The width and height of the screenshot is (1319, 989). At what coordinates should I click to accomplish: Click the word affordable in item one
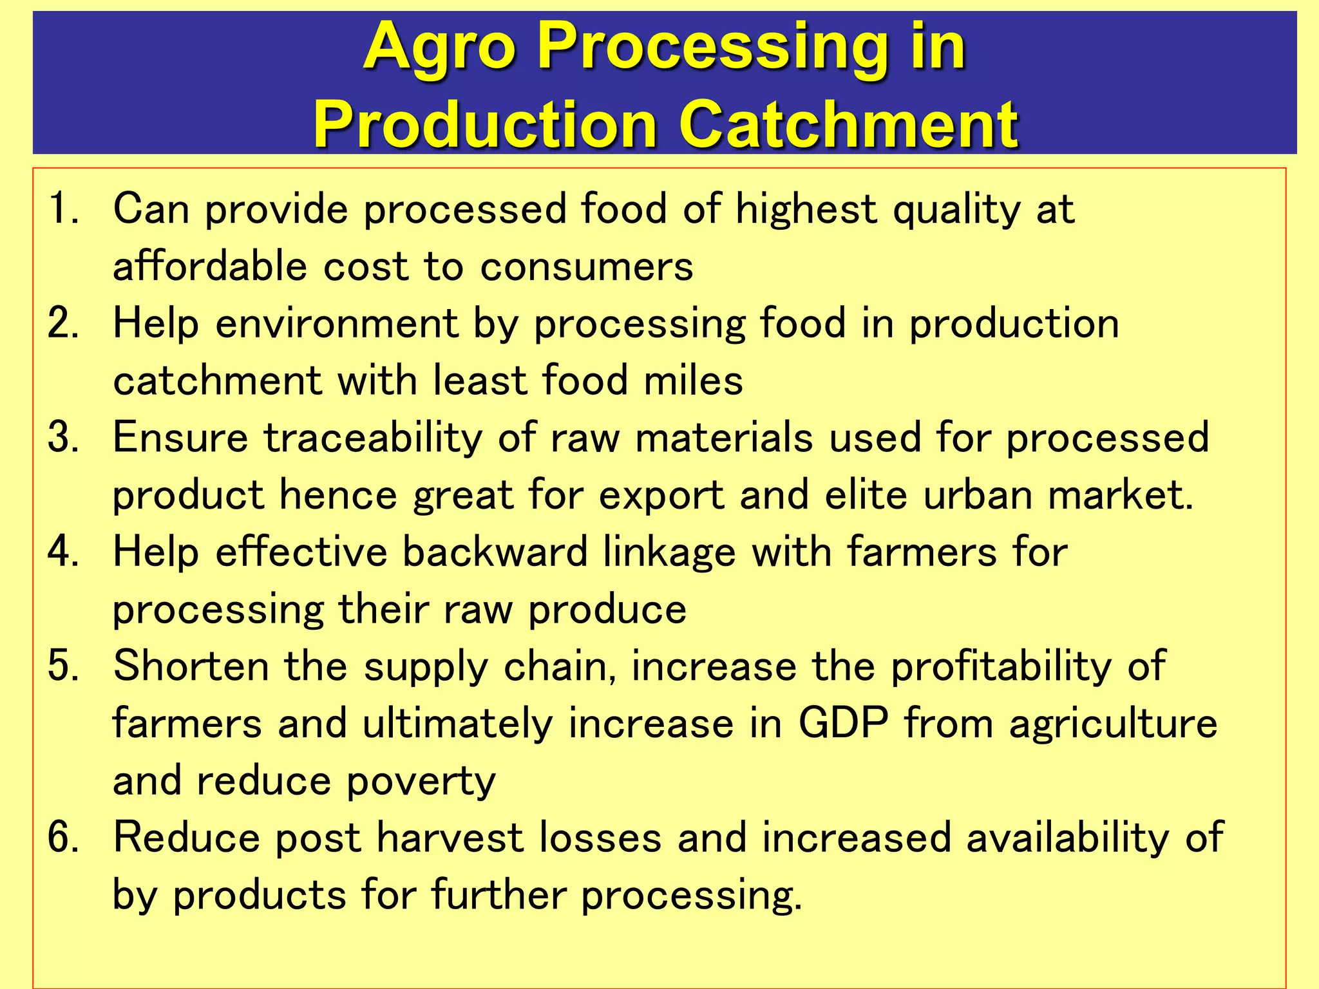(x=209, y=266)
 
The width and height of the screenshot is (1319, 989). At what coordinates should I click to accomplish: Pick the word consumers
(x=586, y=266)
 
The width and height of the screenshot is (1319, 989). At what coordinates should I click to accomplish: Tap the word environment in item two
(x=336, y=323)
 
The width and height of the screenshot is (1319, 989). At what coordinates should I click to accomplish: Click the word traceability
(x=372, y=437)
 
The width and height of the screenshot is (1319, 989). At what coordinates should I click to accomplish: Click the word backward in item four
(x=495, y=552)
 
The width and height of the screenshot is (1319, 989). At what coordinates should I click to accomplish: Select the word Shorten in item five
(x=191, y=666)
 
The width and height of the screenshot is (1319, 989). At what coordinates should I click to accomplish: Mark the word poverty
(x=421, y=782)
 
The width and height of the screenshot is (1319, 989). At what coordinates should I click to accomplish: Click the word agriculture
(x=1113, y=724)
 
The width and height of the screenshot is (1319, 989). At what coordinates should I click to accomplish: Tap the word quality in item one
(x=956, y=210)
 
